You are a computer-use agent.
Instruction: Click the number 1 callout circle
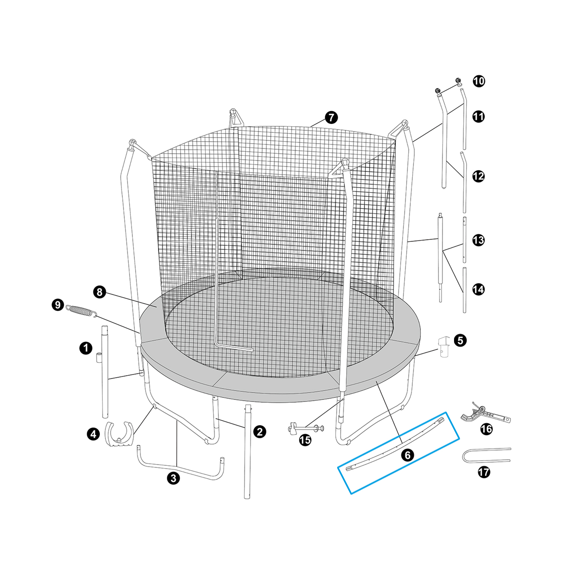(86, 348)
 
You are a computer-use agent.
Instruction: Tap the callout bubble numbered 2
(260, 432)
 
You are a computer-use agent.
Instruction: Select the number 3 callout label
(173, 478)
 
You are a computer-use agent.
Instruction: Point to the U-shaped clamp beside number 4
(119, 434)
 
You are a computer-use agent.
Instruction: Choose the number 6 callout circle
(408, 455)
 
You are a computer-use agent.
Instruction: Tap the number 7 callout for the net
(331, 117)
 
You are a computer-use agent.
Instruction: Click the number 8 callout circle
(100, 292)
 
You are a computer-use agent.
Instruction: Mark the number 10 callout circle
(479, 81)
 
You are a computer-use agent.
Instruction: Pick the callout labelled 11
(478, 117)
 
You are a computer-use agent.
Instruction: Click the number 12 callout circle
(478, 176)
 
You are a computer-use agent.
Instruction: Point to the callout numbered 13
(478, 240)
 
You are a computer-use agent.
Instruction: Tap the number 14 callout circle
(478, 289)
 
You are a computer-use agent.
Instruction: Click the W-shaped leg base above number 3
(181, 467)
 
